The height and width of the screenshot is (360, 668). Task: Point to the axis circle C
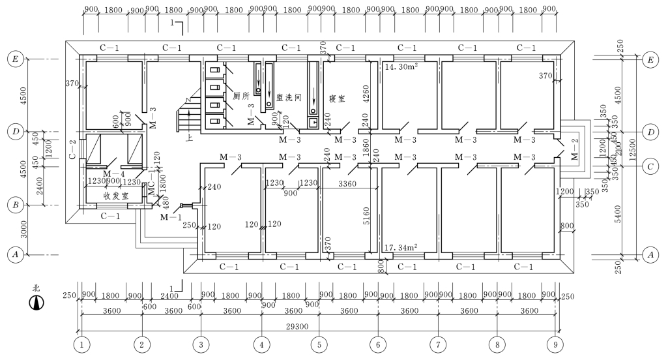[x=649, y=166]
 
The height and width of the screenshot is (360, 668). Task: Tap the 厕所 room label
[x=242, y=96]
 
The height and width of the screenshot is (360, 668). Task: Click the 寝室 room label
[x=337, y=98]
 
